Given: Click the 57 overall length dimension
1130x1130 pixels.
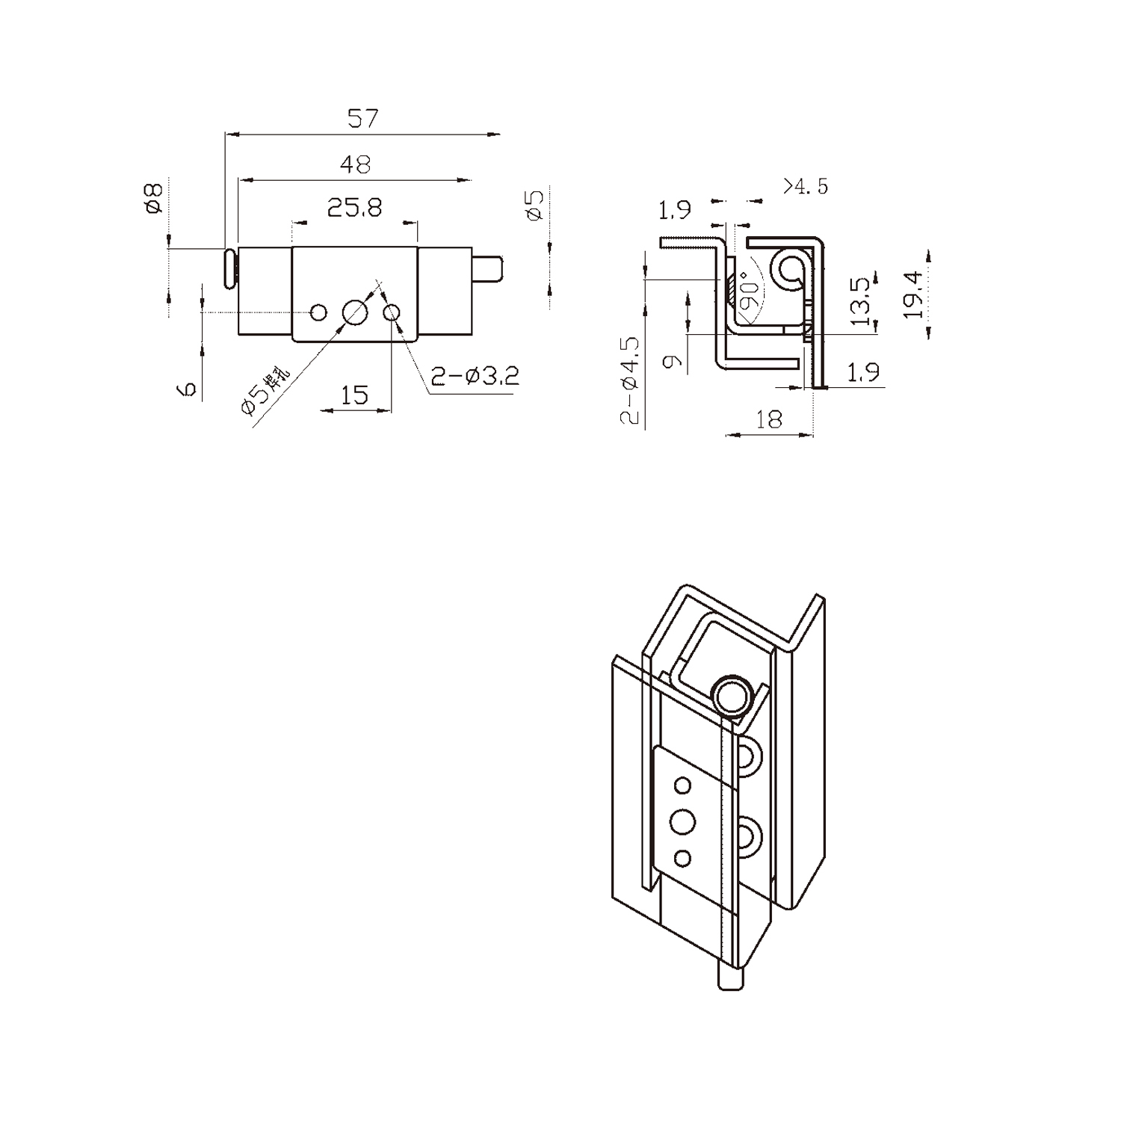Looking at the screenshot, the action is click(x=363, y=118).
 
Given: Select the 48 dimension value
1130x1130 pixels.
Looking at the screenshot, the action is click(x=355, y=164).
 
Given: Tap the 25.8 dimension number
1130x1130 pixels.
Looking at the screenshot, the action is click(x=355, y=207).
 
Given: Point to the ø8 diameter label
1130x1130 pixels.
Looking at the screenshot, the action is click(x=154, y=198).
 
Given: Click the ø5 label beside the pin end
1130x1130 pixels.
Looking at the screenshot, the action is click(x=534, y=204).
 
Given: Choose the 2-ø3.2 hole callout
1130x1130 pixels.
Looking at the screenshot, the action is click(x=475, y=375).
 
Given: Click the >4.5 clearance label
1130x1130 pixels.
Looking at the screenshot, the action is click(x=806, y=186).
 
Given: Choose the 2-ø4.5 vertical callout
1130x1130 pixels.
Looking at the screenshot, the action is click(x=632, y=382).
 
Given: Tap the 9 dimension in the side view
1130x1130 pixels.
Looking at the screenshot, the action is click(x=673, y=362).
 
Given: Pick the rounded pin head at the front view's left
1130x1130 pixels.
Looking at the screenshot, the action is click(x=229, y=268).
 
